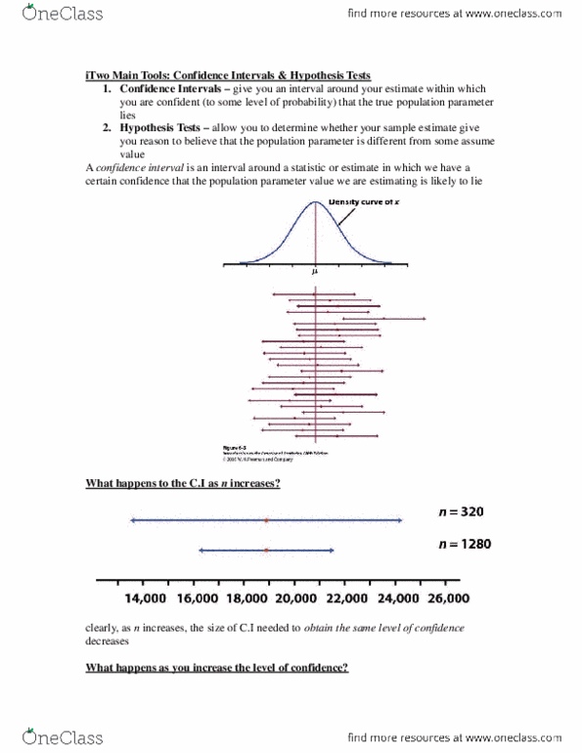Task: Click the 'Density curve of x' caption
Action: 374,202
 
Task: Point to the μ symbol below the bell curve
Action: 315,273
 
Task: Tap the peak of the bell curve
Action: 315,201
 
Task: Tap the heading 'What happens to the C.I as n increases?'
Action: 184,486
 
